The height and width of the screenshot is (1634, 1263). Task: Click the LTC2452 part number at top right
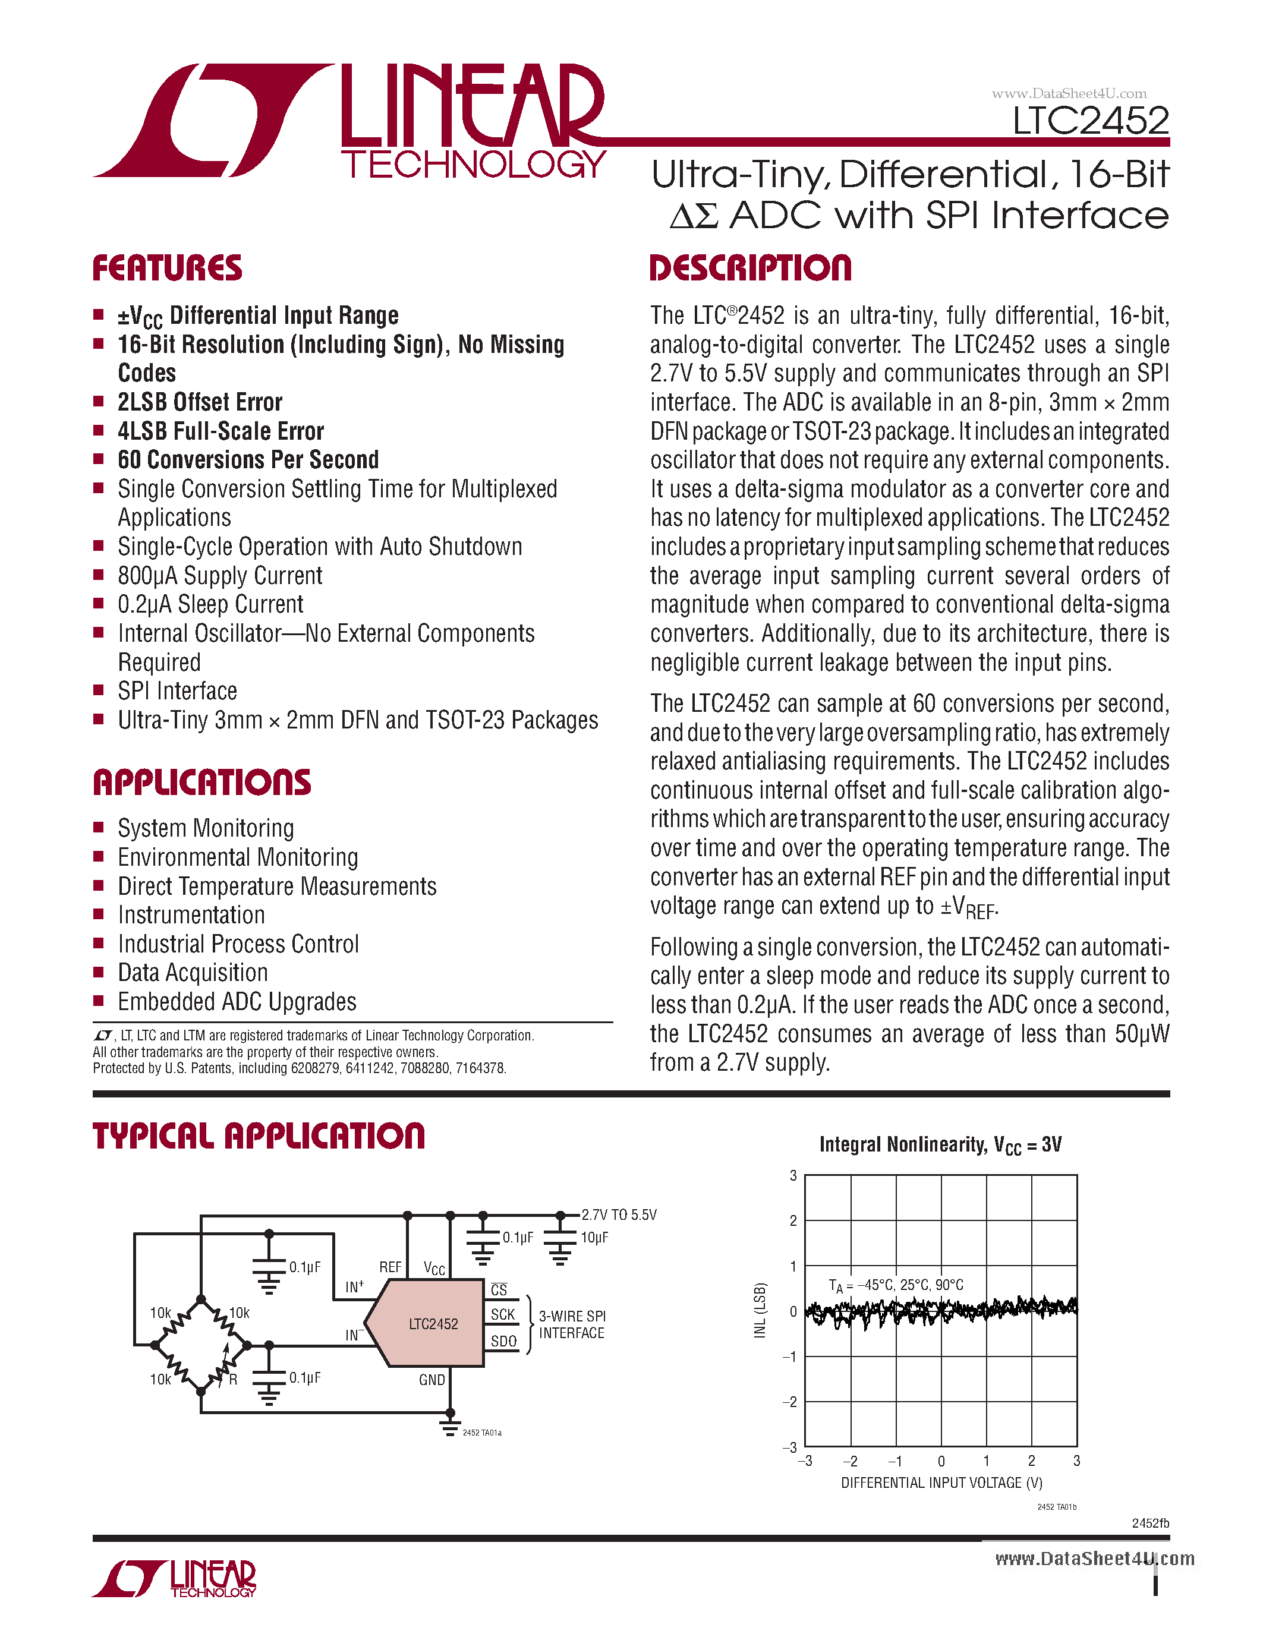pos(1090,121)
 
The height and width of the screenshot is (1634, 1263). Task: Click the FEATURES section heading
pos(168,269)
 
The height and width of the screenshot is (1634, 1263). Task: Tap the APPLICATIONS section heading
pos(202,783)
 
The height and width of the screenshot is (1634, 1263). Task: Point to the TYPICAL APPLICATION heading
pos(259,1137)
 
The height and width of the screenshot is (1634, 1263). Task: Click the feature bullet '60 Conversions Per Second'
pos(248,459)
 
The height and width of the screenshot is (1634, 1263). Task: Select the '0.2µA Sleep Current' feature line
pos(210,604)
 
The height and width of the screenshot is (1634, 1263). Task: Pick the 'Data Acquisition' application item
pos(193,973)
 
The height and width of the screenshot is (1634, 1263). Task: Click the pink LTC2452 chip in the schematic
pos(433,1323)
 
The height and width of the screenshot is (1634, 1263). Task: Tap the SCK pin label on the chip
pos(503,1314)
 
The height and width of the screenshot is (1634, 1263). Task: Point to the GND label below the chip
pos(432,1380)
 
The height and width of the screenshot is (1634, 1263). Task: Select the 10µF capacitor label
pos(594,1238)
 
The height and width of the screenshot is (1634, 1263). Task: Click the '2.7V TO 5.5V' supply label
pos(619,1215)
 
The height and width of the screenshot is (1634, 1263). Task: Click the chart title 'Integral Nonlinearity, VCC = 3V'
pos(940,1145)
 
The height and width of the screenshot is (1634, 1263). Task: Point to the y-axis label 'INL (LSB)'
pos(760,1310)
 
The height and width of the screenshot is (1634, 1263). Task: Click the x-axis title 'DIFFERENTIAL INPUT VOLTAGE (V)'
pos(941,1482)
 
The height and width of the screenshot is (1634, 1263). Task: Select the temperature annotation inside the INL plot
pos(896,1285)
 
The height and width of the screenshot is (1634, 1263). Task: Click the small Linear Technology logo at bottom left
pos(174,1579)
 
